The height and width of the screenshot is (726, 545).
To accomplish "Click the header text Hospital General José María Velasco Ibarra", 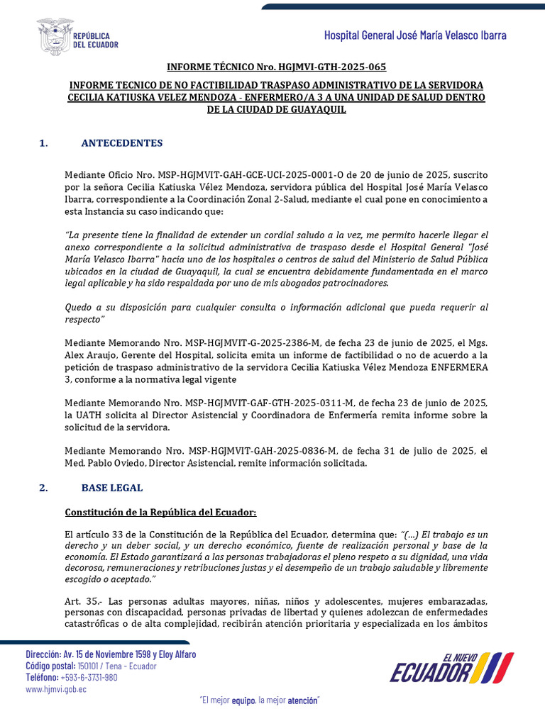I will (415, 35).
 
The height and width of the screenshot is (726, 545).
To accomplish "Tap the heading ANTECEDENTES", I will (122, 143).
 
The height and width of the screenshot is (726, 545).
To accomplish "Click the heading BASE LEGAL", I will (112, 488).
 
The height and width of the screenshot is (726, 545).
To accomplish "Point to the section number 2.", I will (44, 488).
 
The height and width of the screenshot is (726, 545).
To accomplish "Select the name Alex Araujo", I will (88, 356).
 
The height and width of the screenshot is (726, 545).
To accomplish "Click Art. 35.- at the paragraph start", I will (79, 602).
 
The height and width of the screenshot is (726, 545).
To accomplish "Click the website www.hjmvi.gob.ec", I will (56, 689).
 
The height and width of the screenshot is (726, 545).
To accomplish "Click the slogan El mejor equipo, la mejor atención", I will (260, 701).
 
